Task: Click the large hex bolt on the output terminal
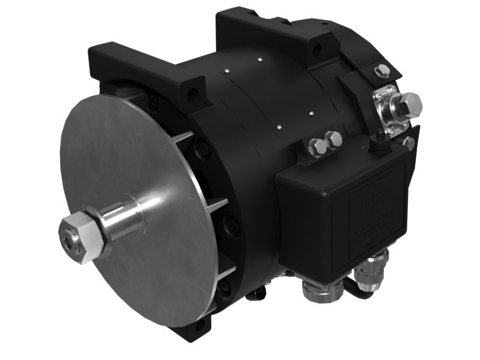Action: click(x=410, y=106)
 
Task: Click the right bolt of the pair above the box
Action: click(x=334, y=139)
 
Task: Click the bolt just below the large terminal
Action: click(x=409, y=143)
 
